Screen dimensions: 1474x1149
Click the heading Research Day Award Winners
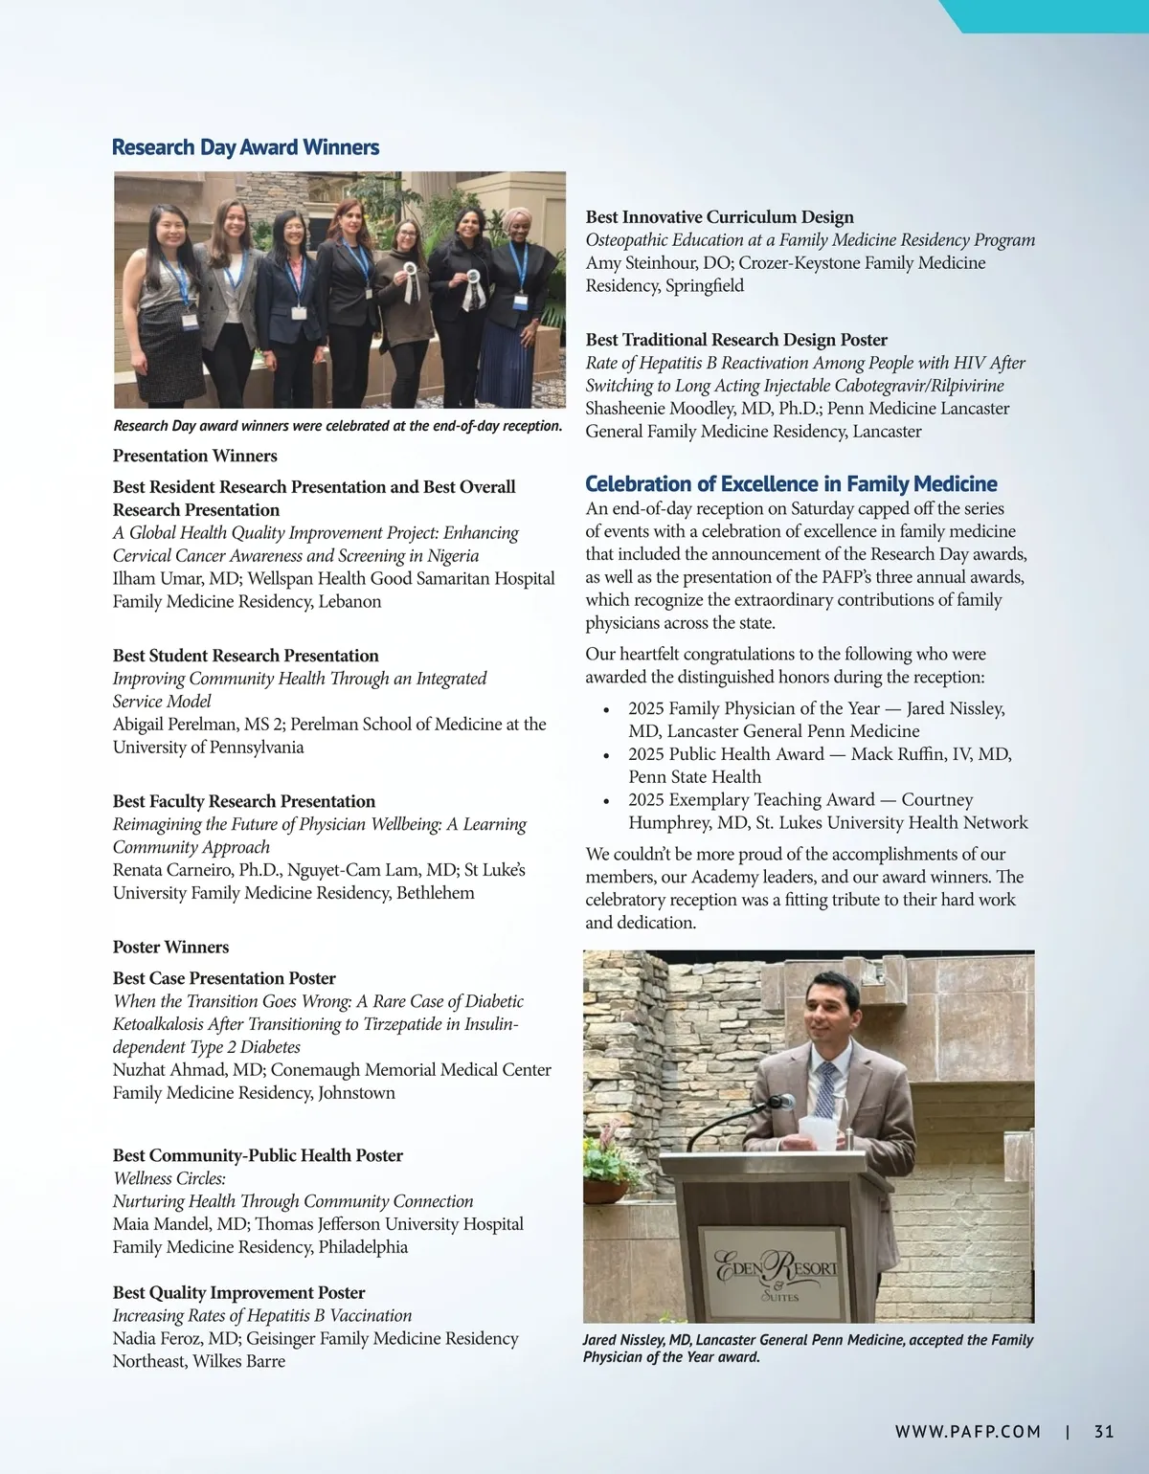pyautogui.click(x=245, y=147)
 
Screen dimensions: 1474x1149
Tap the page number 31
pyautogui.click(x=1104, y=1432)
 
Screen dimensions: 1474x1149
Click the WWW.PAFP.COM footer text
pyautogui.click(x=967, y=1432)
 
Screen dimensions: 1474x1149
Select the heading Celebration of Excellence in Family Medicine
pyautogui.click(x=791, y=484)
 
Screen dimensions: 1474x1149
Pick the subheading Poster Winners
pyautogui.click(x=170, y=948)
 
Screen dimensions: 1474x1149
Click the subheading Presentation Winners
pyautogui.click(x=195, y=457)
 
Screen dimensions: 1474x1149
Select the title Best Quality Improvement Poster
pyautogui.click(x=238, y=1293)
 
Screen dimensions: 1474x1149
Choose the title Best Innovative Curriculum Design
pyautogui.click(x=719, y=217)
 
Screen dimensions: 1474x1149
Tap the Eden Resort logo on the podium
pyautogui.click(x=777, y=1274)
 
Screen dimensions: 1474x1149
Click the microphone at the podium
pyautogui.click(x=780, y=1102)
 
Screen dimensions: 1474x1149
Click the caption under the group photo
pyautogui.click(x=337, y=426)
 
